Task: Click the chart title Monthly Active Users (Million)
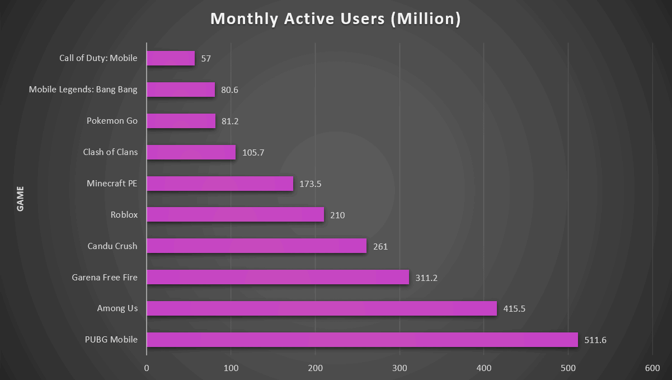point(336,19)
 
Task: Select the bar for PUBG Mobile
point(362,340)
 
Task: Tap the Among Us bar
point(322,308)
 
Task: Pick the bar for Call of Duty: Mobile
point(171,58)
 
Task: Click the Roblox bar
point(235,214)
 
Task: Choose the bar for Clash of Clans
point(191,152)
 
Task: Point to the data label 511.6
point(595,340)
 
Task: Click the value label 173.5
point(311,184)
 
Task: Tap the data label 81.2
point(230,121)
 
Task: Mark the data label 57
point(206,59)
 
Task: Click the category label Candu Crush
point(112,246)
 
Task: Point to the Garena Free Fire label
point(105,277)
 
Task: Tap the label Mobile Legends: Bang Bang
point(83,90)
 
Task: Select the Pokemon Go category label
point(112,121)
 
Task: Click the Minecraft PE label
point(112,183)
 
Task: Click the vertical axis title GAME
point(20,199)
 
